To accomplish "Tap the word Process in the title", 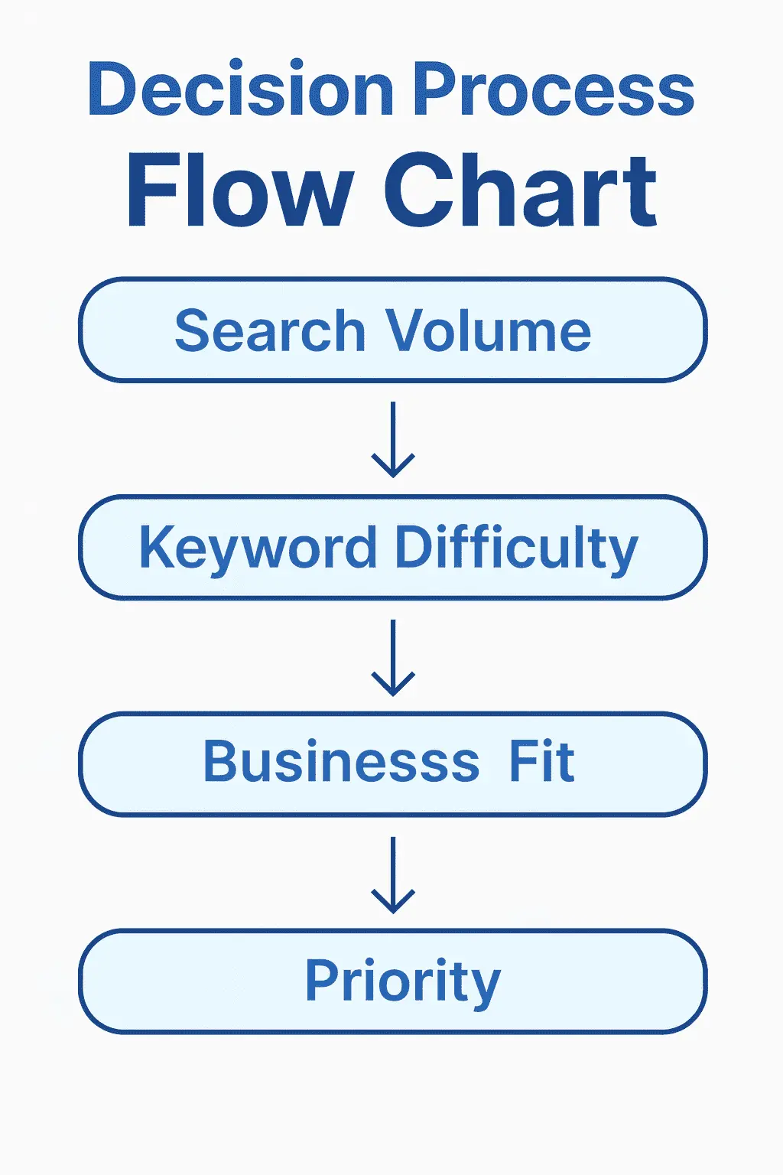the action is [x=554, y=89].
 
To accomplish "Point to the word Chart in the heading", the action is [x=520, y=190].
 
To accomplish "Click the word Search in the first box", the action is [x=270, y=330].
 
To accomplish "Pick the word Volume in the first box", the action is [x=489, y=331].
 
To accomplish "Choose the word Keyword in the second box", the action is [x=258, y=548].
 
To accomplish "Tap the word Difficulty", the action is [x=517, y=548].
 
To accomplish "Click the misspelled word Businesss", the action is [x=341, y=761].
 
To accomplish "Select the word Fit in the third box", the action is [x=542, y=761].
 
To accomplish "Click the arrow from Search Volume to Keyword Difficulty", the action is [x=393, y=440].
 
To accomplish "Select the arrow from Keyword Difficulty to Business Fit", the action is [x=393, y=658].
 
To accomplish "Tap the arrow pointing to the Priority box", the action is [x=393, y=875].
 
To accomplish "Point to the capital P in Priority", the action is [x=322, y=979].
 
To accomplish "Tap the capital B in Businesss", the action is [x=220, y=761].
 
